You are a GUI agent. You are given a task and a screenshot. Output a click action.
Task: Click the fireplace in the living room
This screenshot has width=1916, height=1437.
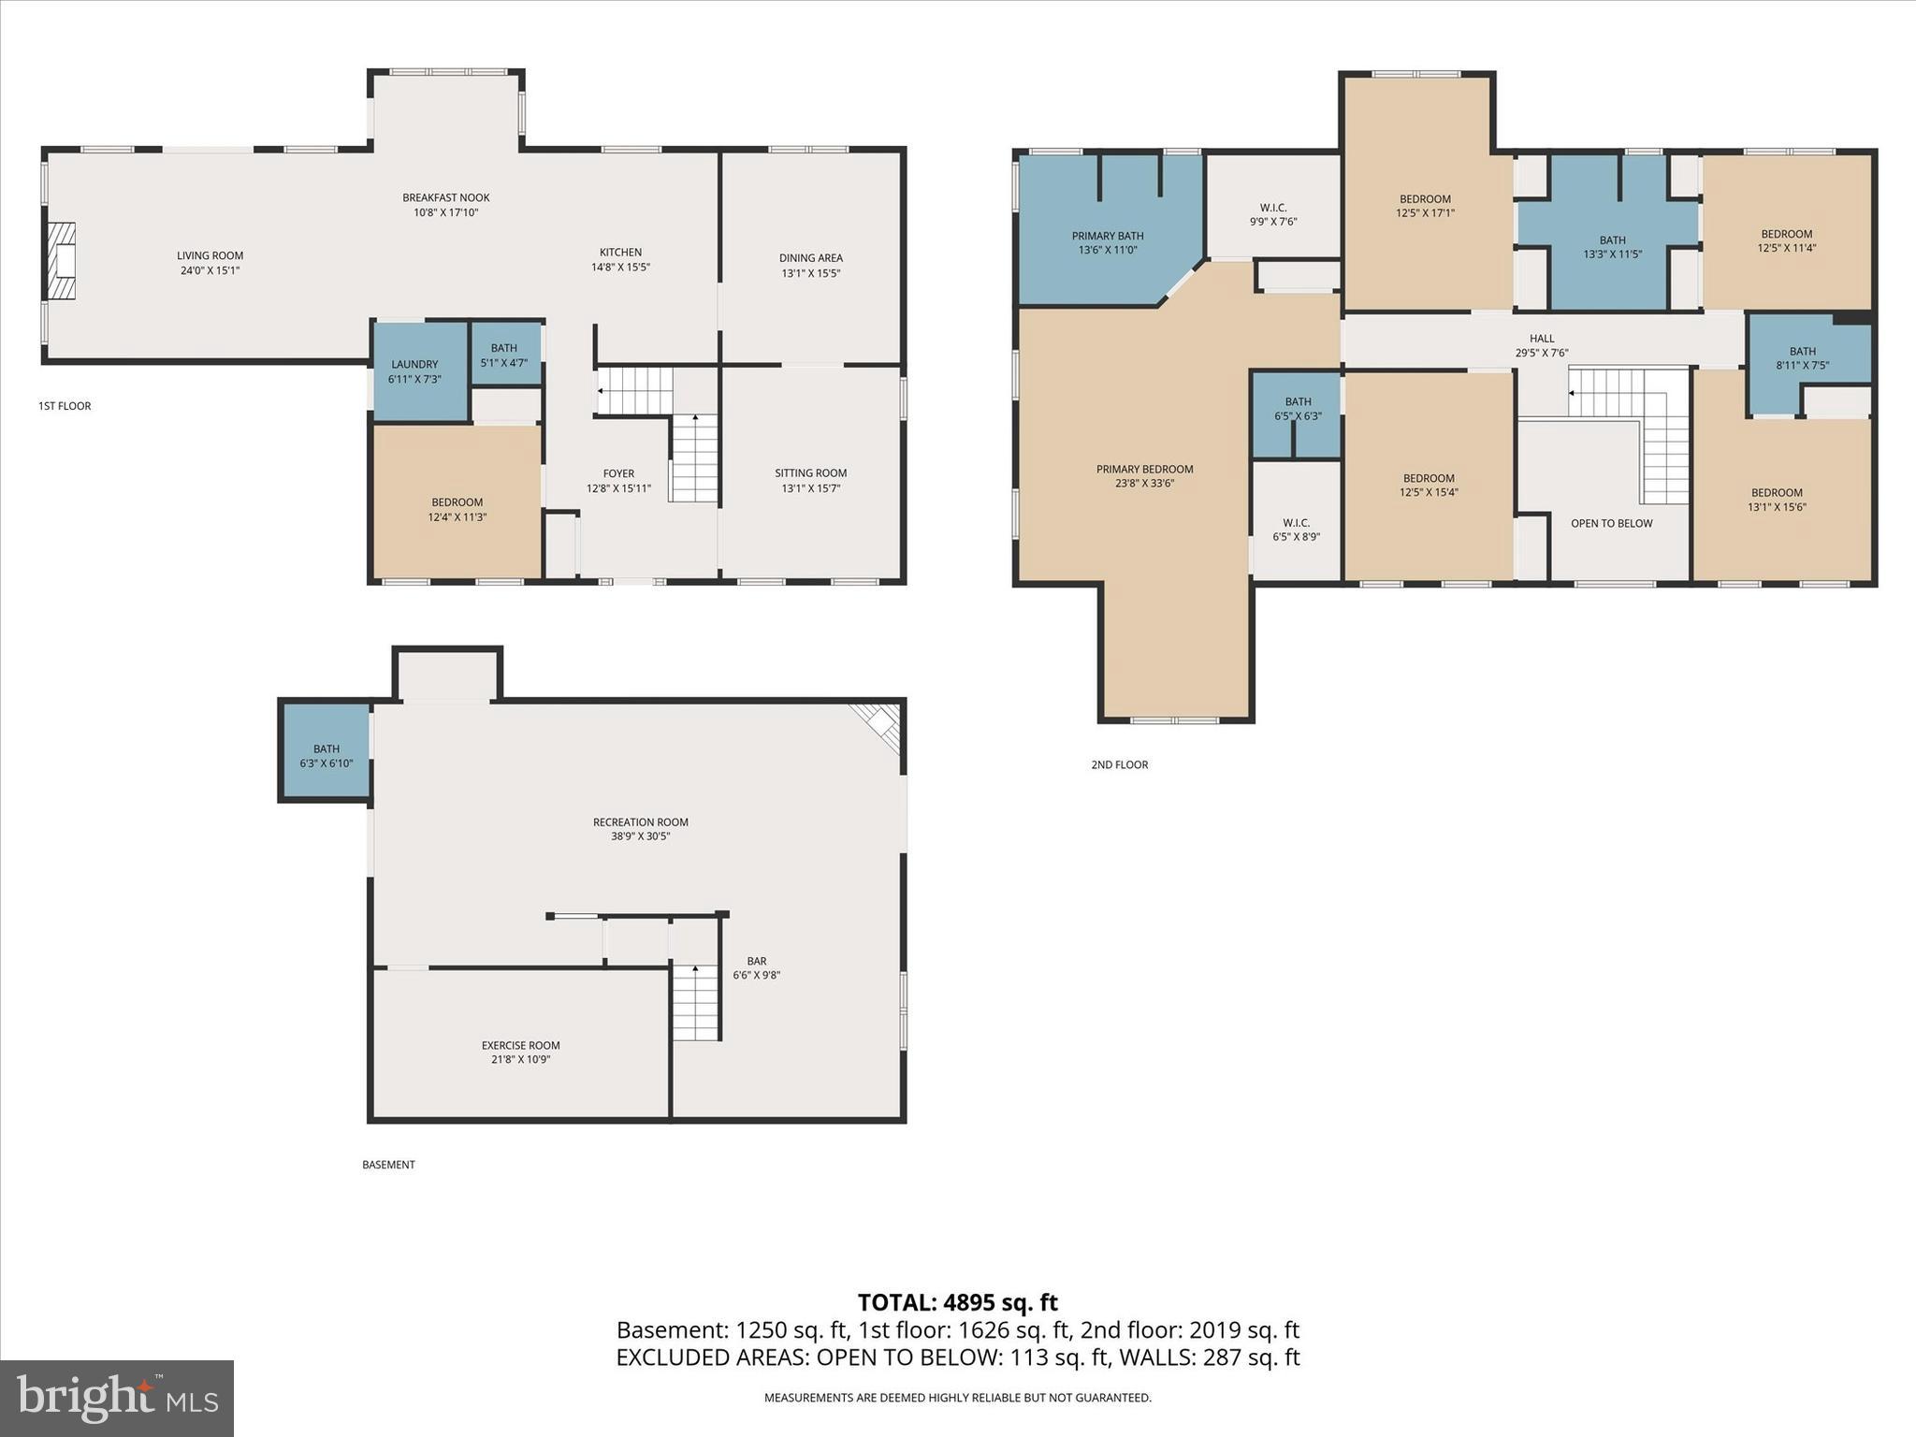[62, 261]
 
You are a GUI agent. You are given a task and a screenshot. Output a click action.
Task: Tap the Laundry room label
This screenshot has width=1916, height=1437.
[414, 365]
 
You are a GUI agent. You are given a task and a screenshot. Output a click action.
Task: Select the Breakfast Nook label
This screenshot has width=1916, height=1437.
[446, 197]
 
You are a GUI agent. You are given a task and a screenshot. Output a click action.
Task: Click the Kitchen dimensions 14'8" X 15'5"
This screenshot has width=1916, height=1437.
[620, 267]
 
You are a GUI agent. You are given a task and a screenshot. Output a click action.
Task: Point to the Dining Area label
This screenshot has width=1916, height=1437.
[811, 258]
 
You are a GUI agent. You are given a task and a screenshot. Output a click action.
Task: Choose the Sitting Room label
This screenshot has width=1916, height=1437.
[811, 473]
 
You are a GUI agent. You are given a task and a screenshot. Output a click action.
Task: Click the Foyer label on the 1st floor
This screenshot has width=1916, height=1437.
[618, 473]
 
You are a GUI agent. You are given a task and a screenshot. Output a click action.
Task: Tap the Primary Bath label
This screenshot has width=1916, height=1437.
[1108, 236]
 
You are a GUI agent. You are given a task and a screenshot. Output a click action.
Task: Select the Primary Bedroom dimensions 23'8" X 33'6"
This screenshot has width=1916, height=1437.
[1144, 484]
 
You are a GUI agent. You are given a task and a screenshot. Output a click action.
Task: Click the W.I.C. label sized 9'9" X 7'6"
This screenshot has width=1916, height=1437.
[1273, 208]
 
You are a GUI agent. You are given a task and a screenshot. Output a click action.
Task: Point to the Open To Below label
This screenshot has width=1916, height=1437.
[1612, 523]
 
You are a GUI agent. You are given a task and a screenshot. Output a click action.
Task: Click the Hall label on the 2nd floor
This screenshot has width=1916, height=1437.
[1542, 339]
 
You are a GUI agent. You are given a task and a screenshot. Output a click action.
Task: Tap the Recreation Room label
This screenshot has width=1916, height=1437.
[641, 822]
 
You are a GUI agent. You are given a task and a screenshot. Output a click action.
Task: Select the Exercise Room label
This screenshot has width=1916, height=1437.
[521, 1046]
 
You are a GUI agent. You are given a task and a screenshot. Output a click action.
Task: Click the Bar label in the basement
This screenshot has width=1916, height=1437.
[757, 961]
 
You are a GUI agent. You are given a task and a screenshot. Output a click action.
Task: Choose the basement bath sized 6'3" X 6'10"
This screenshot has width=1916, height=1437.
[326, 751]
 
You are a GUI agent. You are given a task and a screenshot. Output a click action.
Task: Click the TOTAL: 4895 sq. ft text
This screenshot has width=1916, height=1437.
[958, 1302]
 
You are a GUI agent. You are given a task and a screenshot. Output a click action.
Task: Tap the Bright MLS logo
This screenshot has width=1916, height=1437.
[117, 1398]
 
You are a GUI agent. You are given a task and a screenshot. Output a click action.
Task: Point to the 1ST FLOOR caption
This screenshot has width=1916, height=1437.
[65, 406]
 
